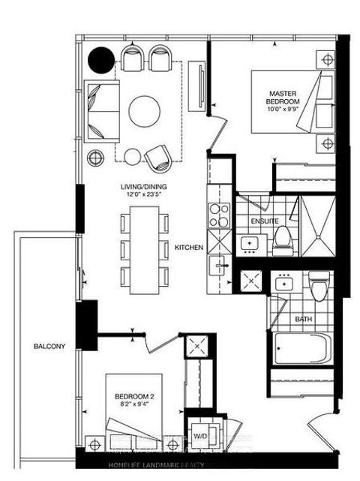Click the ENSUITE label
point(264,222)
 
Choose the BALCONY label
point(49,346)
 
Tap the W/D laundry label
point(201,436)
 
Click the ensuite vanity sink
point(249,243)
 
